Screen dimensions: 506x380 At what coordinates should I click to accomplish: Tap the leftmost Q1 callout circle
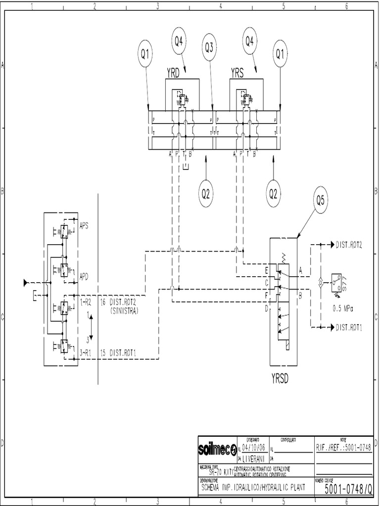145,55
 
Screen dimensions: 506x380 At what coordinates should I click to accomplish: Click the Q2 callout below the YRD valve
206,193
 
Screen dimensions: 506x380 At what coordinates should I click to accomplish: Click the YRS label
238,73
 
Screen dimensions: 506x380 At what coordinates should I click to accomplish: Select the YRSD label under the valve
280,379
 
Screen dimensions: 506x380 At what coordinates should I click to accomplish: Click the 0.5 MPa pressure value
344,307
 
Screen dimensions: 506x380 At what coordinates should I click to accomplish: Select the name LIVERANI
256,458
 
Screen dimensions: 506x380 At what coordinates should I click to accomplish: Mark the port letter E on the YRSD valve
267,270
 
